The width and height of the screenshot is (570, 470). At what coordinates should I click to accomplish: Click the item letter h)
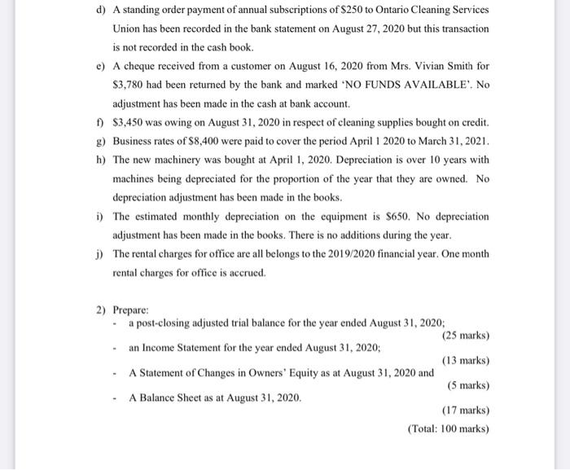[x=101, y=160]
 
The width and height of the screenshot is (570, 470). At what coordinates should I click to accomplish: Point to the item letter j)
[x=101, y=253]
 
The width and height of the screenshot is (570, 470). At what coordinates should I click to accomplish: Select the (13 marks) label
[x=465, y=360]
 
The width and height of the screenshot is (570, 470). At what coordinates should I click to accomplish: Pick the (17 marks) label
[x=465, y=411]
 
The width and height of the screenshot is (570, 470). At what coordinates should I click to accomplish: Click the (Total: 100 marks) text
[x=448, y=429]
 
